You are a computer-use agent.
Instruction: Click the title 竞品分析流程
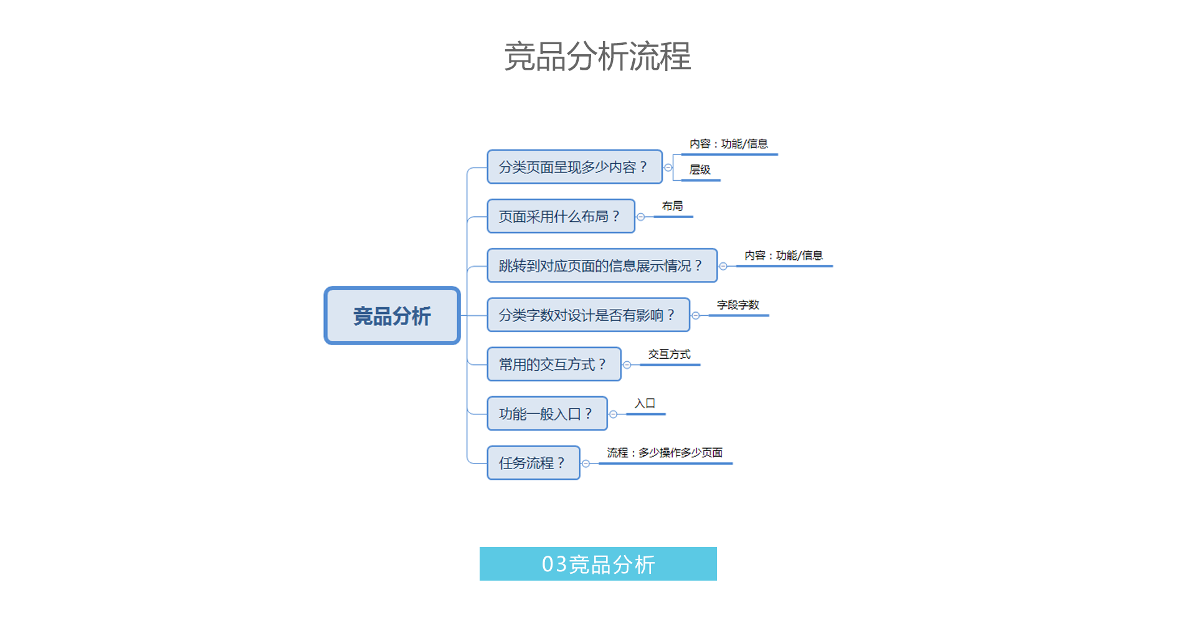click(x=597, y=56)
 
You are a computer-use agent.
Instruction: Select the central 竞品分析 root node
click(x=392, y=315)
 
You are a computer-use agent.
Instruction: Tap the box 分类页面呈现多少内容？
click(x=574, y=166)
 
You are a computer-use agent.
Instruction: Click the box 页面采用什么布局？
click(x=561, y=216)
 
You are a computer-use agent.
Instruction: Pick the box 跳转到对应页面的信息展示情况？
click(x=602, y=265)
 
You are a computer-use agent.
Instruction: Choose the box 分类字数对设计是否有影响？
click(x=588, y=315)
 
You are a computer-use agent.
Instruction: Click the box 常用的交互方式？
click(x=554, y=364)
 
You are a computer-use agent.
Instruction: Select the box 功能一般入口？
click(x=547, y=413)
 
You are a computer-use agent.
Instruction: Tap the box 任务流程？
click(x=533, y=462)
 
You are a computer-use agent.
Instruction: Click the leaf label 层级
click(x=700, y=169)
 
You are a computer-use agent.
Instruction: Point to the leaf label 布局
click(x=672, y=206)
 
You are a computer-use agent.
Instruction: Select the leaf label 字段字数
click(x=738, y=305)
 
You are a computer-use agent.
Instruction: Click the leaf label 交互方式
click(x=670, y=354)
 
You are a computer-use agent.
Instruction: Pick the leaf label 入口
click(x=645, y=403)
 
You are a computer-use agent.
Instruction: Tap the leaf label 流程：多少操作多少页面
click(x=665, y=452)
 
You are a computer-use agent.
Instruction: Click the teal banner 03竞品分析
click(x=598, y=564)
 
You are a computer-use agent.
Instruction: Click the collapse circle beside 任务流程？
click(x=586, y=464)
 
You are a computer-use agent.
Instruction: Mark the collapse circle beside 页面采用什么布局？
click(x=640, y=217)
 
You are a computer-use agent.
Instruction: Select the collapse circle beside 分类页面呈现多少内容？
click(x=668, y=168)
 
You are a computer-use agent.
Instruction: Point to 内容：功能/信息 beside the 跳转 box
click(x=784, y=255)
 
